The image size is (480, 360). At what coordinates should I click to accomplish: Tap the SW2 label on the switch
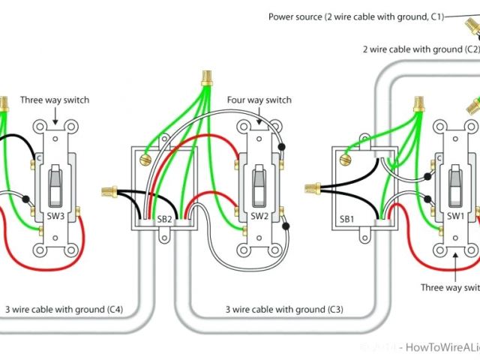point(259,216)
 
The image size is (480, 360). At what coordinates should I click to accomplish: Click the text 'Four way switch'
point(259,100)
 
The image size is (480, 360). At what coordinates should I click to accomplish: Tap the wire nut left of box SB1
point(312,186)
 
